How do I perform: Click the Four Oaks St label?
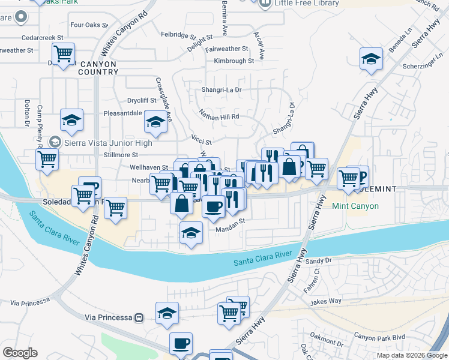pyautogui.click(x=88, y=26)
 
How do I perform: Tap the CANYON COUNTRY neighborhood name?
pyautogui.click(x=98, y=68)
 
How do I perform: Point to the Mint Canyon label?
pyautogui.click(x=355, y=206)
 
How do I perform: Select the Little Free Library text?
pyautogui.click(x=307, y=3)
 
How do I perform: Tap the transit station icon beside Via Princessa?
pyautogui.click(x=139, y=317)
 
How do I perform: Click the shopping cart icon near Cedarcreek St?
pyautogui.click(x=63, y=55)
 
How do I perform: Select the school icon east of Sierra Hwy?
pyautogui.click(x=372, y=60)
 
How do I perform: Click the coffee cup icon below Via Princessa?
pyautogui.click(x=181, y=344)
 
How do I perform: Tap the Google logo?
pyautogui.click(x=20, y=353)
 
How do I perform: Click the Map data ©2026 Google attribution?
pyautogui.click(x=411, y=355)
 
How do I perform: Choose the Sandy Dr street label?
pyautogui.click(x=319, y=261)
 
